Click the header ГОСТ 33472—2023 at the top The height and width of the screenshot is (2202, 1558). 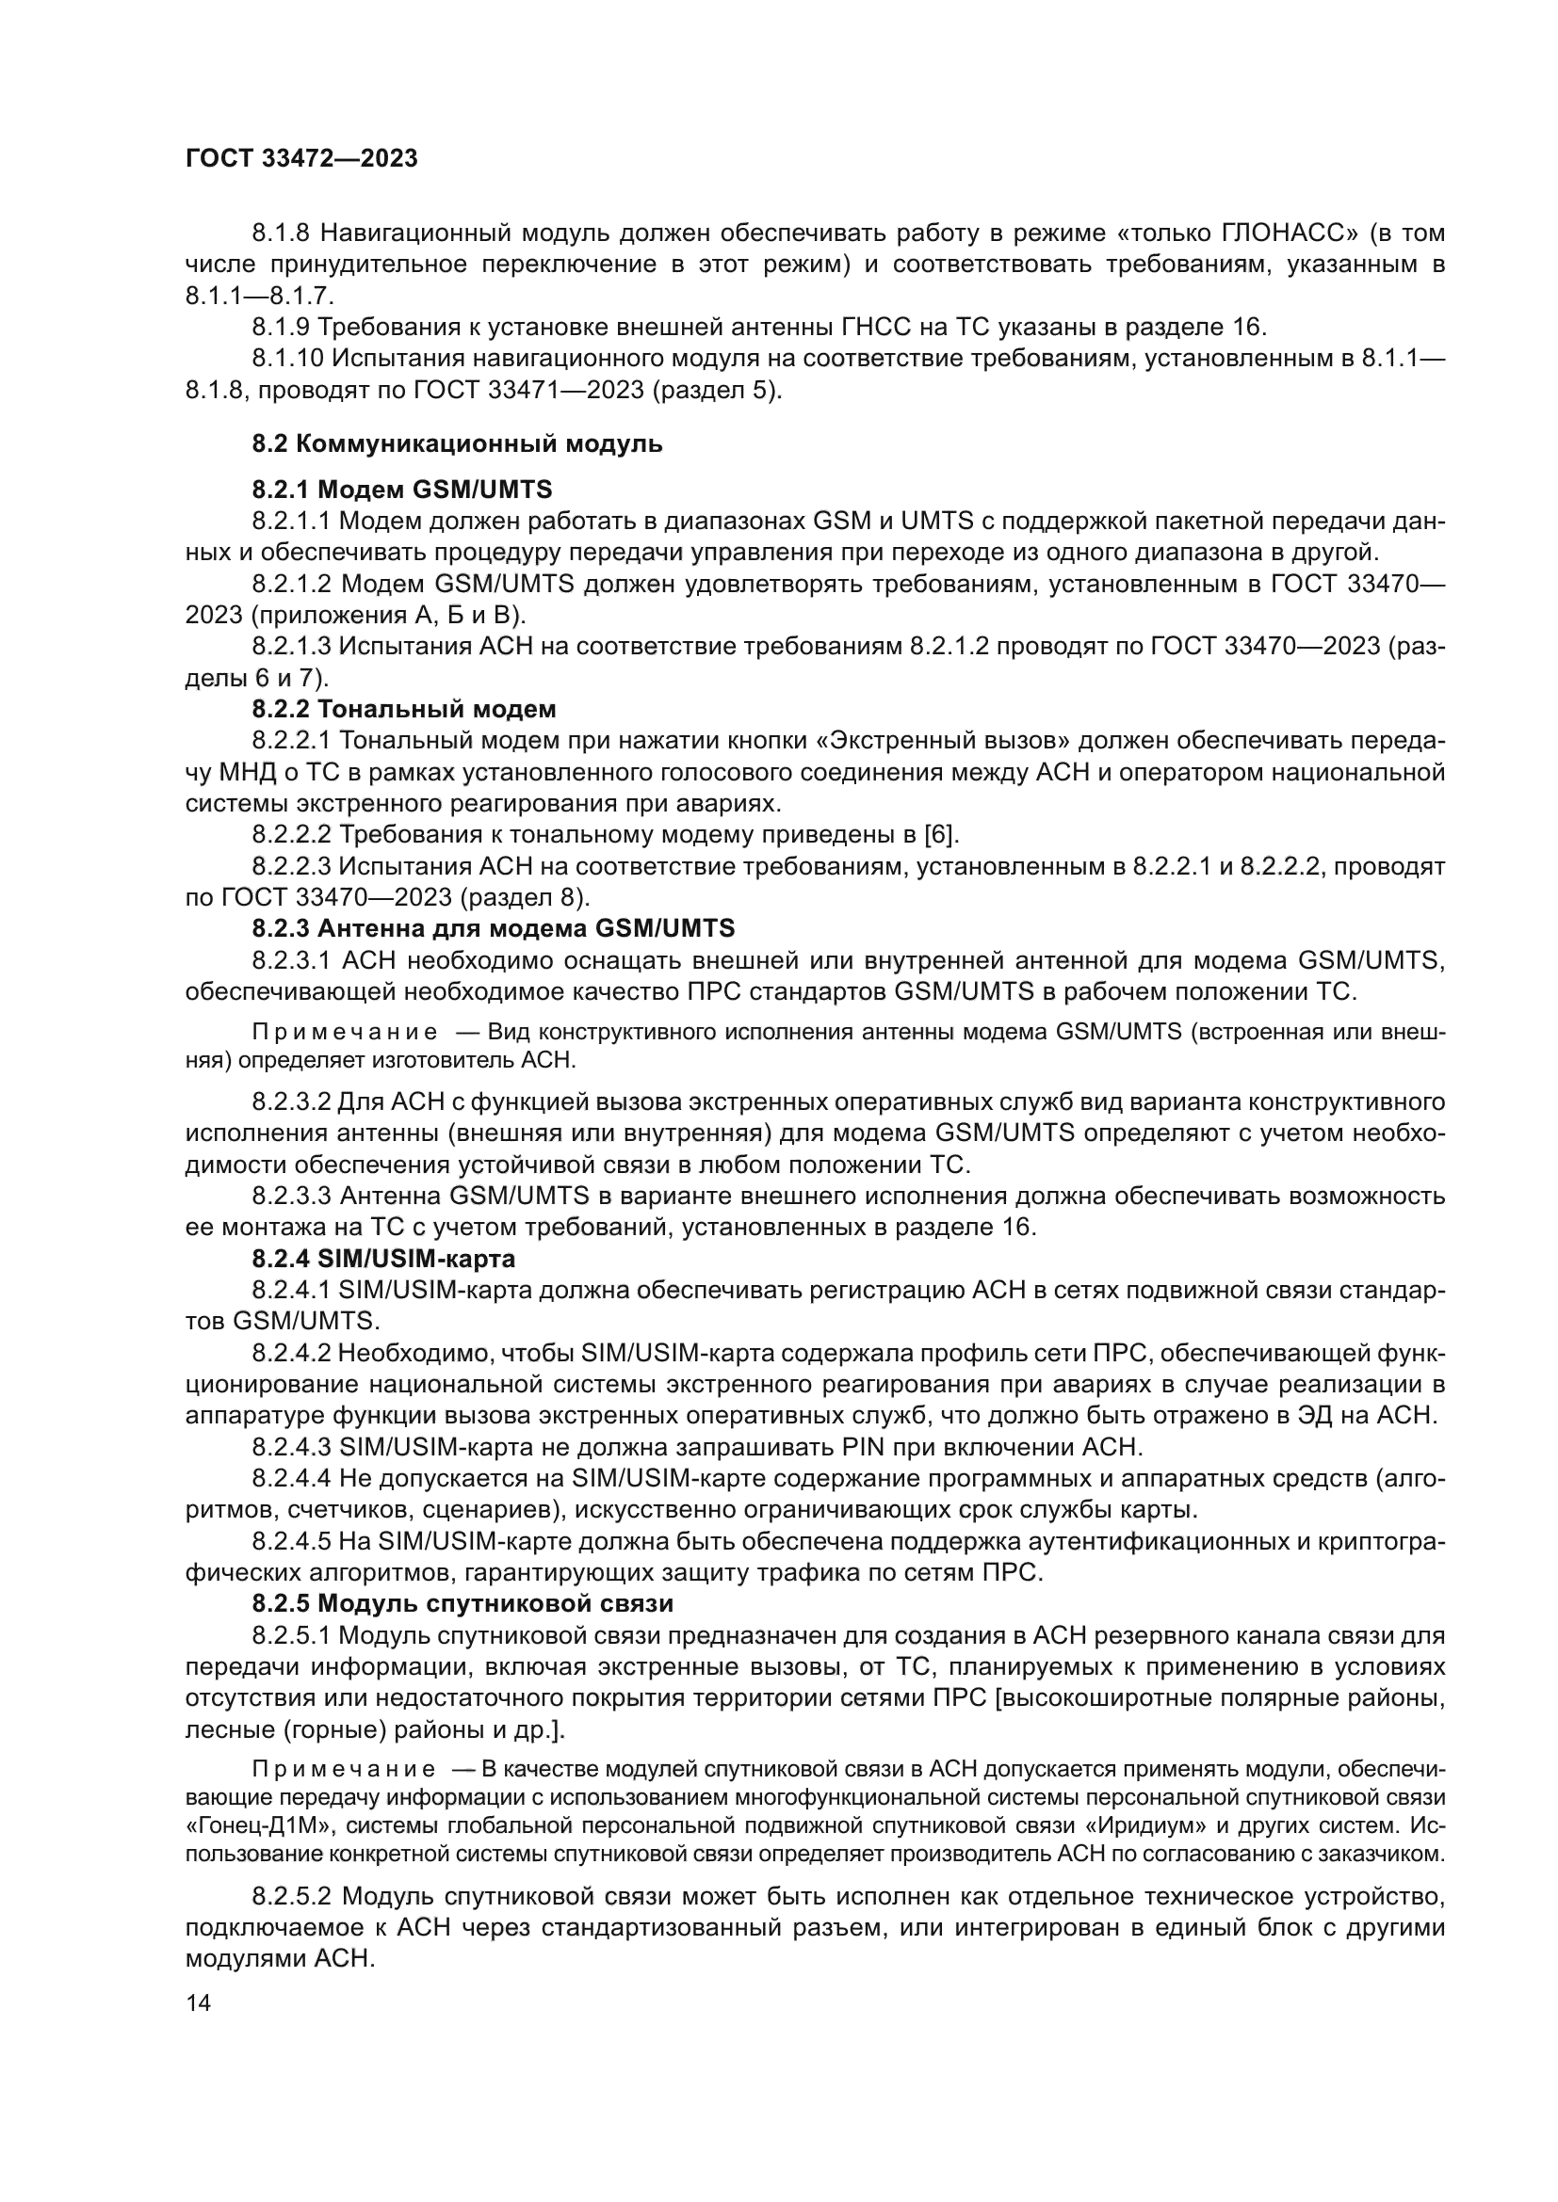coord(301,158)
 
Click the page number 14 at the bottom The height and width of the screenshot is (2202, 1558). coord(198,2002)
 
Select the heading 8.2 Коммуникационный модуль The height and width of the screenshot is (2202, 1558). coord(457,444)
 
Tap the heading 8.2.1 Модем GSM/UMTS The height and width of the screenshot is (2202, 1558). coord(402,490)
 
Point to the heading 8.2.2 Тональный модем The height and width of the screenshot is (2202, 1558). coord(404,709)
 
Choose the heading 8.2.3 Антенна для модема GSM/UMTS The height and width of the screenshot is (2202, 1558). coord(493,927)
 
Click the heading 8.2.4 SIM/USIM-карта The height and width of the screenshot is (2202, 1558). coord(383,1258)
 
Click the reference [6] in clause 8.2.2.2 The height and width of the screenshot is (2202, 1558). coord(939,834)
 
